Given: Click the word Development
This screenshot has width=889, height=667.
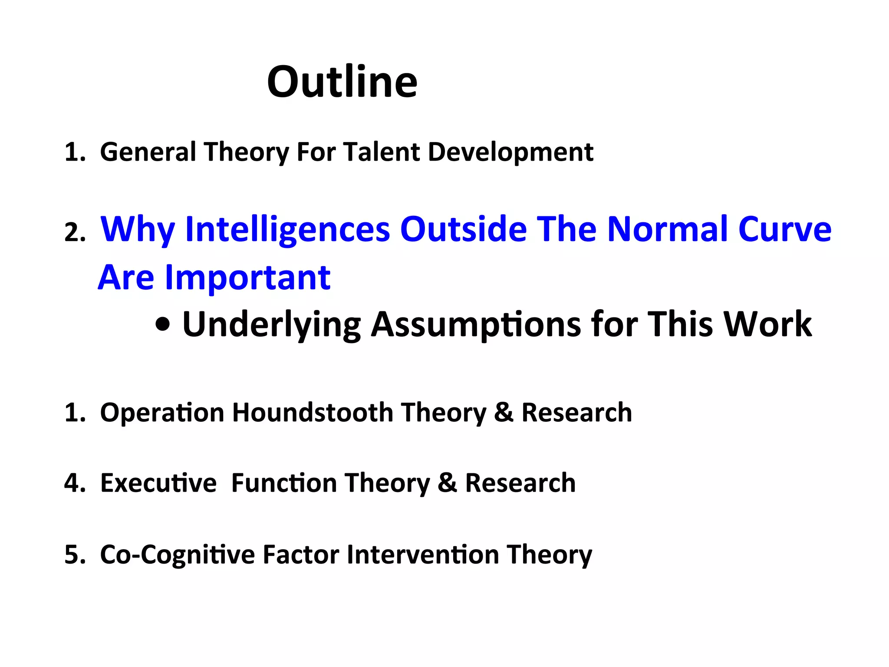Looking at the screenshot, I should [x=510, y=152].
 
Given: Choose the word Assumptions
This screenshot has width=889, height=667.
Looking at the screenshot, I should [x=476, y=324].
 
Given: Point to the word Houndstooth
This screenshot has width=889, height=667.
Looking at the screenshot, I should [x=312, y=412].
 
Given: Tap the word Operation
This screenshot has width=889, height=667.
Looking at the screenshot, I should [x=162, y=412].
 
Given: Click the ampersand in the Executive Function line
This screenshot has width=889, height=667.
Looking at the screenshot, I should [x=447, y=483].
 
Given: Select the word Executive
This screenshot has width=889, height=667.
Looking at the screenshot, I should [x=158, y=483].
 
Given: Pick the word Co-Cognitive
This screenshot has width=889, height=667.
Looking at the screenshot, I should [x=177, y=555].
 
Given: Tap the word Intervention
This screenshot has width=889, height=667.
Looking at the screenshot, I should [x=423, y=555].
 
